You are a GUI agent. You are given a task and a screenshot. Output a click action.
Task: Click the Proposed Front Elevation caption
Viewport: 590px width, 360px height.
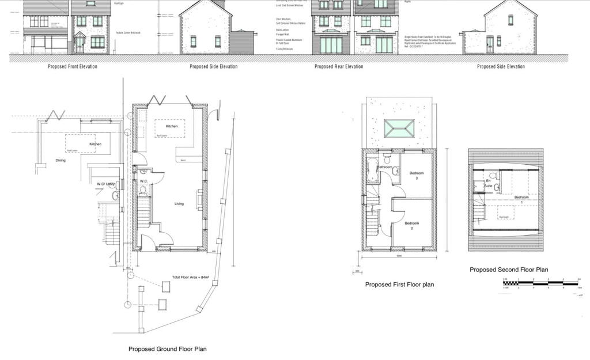point(72,66)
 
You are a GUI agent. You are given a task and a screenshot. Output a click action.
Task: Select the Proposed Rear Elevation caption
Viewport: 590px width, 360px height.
point(339,66)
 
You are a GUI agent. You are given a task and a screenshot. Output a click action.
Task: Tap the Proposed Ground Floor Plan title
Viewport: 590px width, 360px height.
point(167,349)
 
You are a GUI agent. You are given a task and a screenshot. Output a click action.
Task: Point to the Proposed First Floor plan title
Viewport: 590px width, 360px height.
point(399,285)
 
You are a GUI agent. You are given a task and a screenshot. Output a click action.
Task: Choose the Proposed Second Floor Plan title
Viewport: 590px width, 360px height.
point(509,270)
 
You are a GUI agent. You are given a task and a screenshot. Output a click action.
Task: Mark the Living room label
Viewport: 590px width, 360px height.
point(179,203)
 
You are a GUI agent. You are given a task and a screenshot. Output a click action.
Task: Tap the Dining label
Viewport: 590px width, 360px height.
point(60,160)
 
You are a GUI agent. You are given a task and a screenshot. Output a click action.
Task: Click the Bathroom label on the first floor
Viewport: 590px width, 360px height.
point(384,167)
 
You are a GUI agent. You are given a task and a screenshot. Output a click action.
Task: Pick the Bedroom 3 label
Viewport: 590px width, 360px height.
point(417,176)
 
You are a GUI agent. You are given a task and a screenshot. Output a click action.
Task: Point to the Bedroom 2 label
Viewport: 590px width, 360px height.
point(411,225)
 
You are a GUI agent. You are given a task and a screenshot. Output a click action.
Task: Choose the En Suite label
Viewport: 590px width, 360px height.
point(489,184)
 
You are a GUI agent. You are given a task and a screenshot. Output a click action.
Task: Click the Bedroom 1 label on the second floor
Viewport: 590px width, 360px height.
point(522,199)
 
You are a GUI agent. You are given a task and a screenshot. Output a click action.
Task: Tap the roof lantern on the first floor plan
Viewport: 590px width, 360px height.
point(399,128)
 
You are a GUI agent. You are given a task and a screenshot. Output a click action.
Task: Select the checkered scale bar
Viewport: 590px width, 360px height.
point(540,283)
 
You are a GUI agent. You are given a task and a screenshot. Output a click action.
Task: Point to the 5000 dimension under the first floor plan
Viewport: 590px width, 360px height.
point(399,256)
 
